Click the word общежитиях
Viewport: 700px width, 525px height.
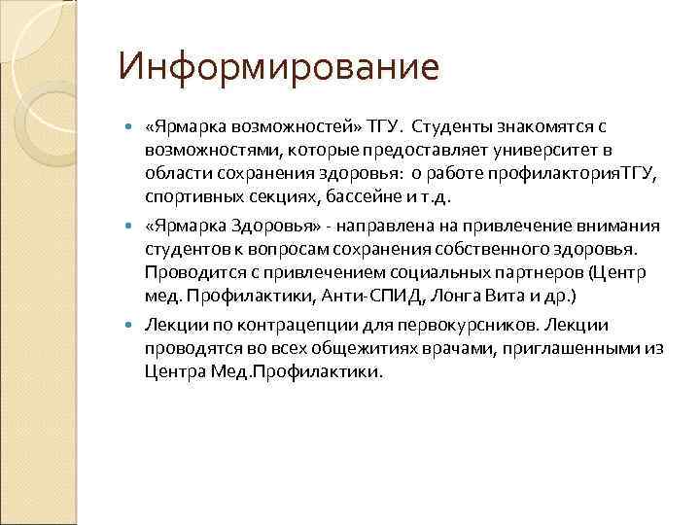click(x=367, y=348)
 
